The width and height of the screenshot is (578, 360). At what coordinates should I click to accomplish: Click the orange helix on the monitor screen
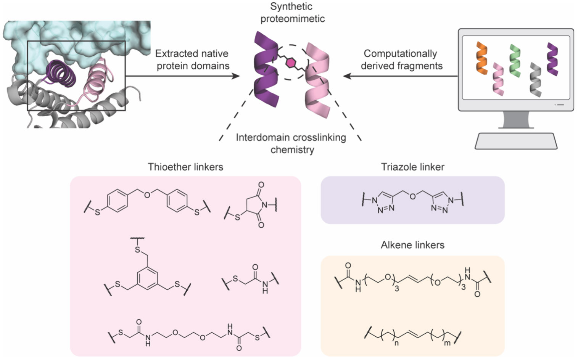[482, 58]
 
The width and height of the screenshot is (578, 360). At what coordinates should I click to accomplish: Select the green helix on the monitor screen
[515, 60]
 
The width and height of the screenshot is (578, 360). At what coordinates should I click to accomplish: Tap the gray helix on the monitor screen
[536, 79]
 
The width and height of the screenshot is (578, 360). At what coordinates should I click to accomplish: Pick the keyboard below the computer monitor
[516, 141]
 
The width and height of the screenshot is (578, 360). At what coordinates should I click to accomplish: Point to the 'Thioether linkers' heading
[185, 167]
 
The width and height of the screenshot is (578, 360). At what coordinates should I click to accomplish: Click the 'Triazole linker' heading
[412, 167]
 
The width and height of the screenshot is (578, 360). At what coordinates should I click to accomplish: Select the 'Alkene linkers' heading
[412, 245]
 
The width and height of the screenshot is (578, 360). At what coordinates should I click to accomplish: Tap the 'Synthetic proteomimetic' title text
[292, 13]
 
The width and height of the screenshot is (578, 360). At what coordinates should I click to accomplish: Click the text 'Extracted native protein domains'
[193, 59]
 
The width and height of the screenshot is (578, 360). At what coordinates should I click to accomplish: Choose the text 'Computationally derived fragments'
[401, 59]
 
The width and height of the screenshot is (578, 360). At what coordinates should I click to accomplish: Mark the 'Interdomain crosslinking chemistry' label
[291, 143]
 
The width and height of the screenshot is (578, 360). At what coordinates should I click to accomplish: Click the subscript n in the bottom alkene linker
[396, 343]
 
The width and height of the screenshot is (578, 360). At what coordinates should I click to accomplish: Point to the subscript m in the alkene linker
[448, 343]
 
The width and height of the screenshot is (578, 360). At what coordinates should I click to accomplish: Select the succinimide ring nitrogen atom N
[264, 205]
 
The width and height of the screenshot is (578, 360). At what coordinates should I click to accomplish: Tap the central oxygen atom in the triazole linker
[412, 196]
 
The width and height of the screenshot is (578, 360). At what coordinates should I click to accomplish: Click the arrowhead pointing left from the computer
[347, 76]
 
